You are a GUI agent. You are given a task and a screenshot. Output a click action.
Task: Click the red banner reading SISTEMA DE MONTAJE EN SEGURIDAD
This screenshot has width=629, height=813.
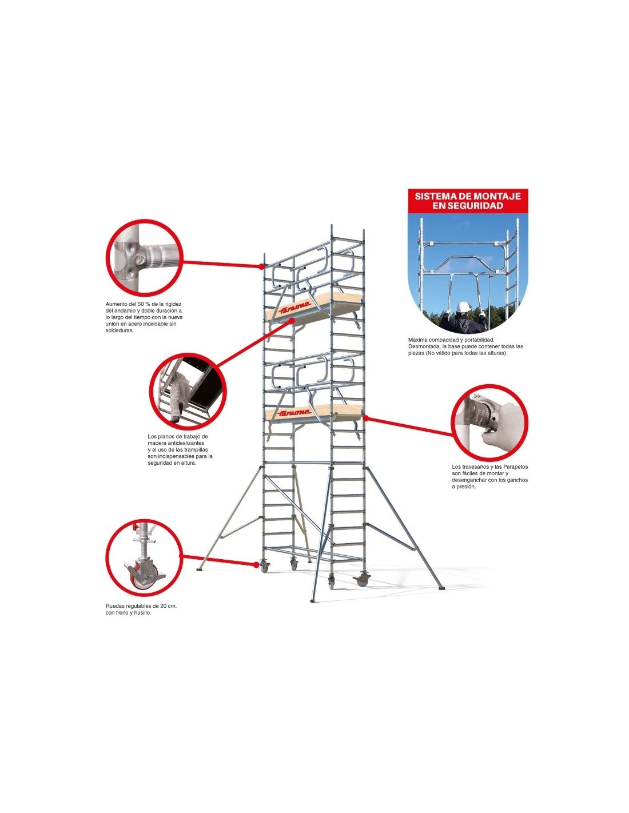[x=468, y=201]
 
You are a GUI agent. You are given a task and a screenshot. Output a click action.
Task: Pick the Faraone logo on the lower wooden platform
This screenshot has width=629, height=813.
[x=295, y=413]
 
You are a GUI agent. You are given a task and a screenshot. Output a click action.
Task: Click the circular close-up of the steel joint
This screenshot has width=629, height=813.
[x=145, y=257]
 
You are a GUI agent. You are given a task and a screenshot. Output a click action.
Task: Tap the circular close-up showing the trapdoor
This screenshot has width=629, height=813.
[x=188, y=390]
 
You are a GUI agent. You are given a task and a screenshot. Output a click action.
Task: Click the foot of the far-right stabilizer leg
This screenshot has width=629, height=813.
[x=441, y=588]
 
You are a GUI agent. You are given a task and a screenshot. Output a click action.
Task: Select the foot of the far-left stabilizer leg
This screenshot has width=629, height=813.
[x=200, y=569]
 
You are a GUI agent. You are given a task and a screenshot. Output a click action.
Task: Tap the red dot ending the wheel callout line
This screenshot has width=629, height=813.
[x=257, y=564]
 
